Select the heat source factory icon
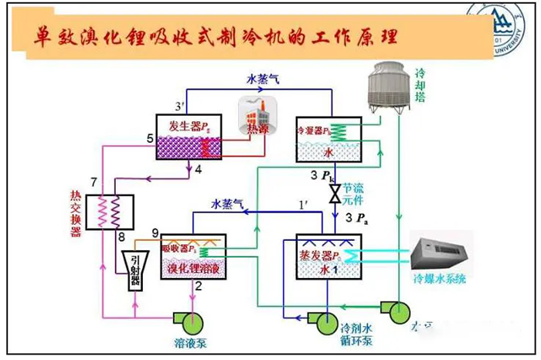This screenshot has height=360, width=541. pos(257,114)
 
